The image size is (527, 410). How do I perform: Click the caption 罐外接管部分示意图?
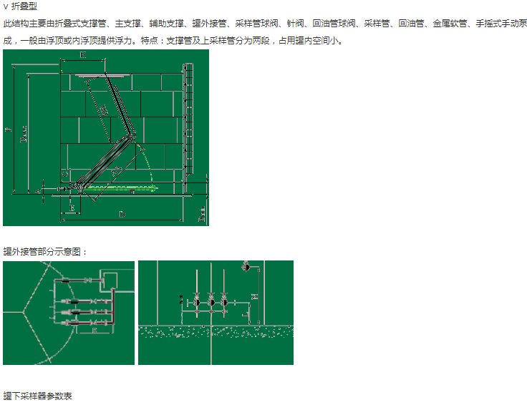45,252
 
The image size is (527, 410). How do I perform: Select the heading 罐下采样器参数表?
38,396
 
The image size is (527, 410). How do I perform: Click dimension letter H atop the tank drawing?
83,55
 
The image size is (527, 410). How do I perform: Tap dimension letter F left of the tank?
7,130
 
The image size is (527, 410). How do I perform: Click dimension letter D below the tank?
122,213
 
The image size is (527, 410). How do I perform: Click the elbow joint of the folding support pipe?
134,135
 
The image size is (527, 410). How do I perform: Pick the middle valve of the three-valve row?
211,303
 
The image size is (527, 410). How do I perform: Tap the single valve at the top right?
247,268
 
